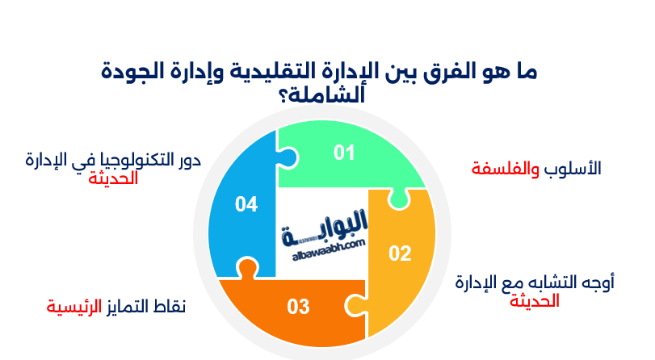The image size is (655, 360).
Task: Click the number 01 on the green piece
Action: [x=345, y=152]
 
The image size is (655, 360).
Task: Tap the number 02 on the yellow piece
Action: [x=400, y=253]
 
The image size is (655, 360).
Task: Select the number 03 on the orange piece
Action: [x=298, y=307]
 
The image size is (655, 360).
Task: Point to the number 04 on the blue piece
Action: [x=246, y=205]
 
